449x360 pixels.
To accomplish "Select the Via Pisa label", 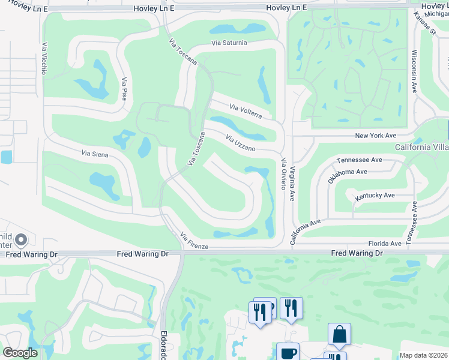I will tap(124, 89).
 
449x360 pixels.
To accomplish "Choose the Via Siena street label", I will tap(95, 154).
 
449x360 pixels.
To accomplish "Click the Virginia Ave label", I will tap(293, 184).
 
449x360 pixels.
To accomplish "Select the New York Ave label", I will tap(376, 136).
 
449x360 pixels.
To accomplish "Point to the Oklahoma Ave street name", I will tap(347, 176).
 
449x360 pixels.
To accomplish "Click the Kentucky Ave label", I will tap(375, 196).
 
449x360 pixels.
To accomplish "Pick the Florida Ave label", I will tap(384, 244).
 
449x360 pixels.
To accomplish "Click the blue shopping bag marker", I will tap(339, 334).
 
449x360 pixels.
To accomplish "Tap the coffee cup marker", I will tap(287, 352).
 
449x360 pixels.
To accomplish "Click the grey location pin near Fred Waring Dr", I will tap(21, 241).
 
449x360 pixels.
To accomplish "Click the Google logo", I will tap(20, 353).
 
